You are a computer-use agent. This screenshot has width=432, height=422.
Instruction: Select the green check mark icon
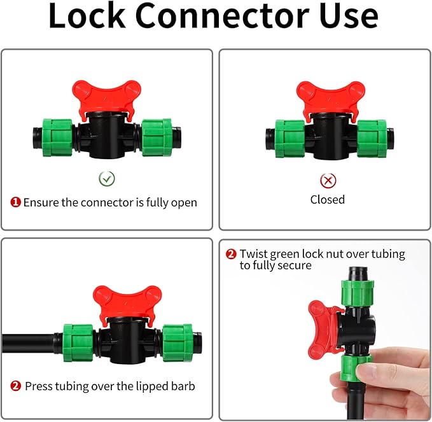pos(107,179)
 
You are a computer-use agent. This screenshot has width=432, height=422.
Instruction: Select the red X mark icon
pos(328,181)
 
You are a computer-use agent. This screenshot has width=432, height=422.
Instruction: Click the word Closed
pos(328,200)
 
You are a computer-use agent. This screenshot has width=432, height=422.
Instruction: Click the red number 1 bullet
pos(15,202)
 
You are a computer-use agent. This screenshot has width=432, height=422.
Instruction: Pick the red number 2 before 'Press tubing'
pos(16,386)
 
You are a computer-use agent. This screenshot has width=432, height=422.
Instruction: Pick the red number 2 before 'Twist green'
pos(232,254)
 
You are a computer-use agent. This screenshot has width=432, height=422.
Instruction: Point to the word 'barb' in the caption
pos(181,386)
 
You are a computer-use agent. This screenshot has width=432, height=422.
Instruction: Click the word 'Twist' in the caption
pos(254,254)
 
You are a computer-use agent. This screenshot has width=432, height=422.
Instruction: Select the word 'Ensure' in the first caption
pos(41,202)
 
